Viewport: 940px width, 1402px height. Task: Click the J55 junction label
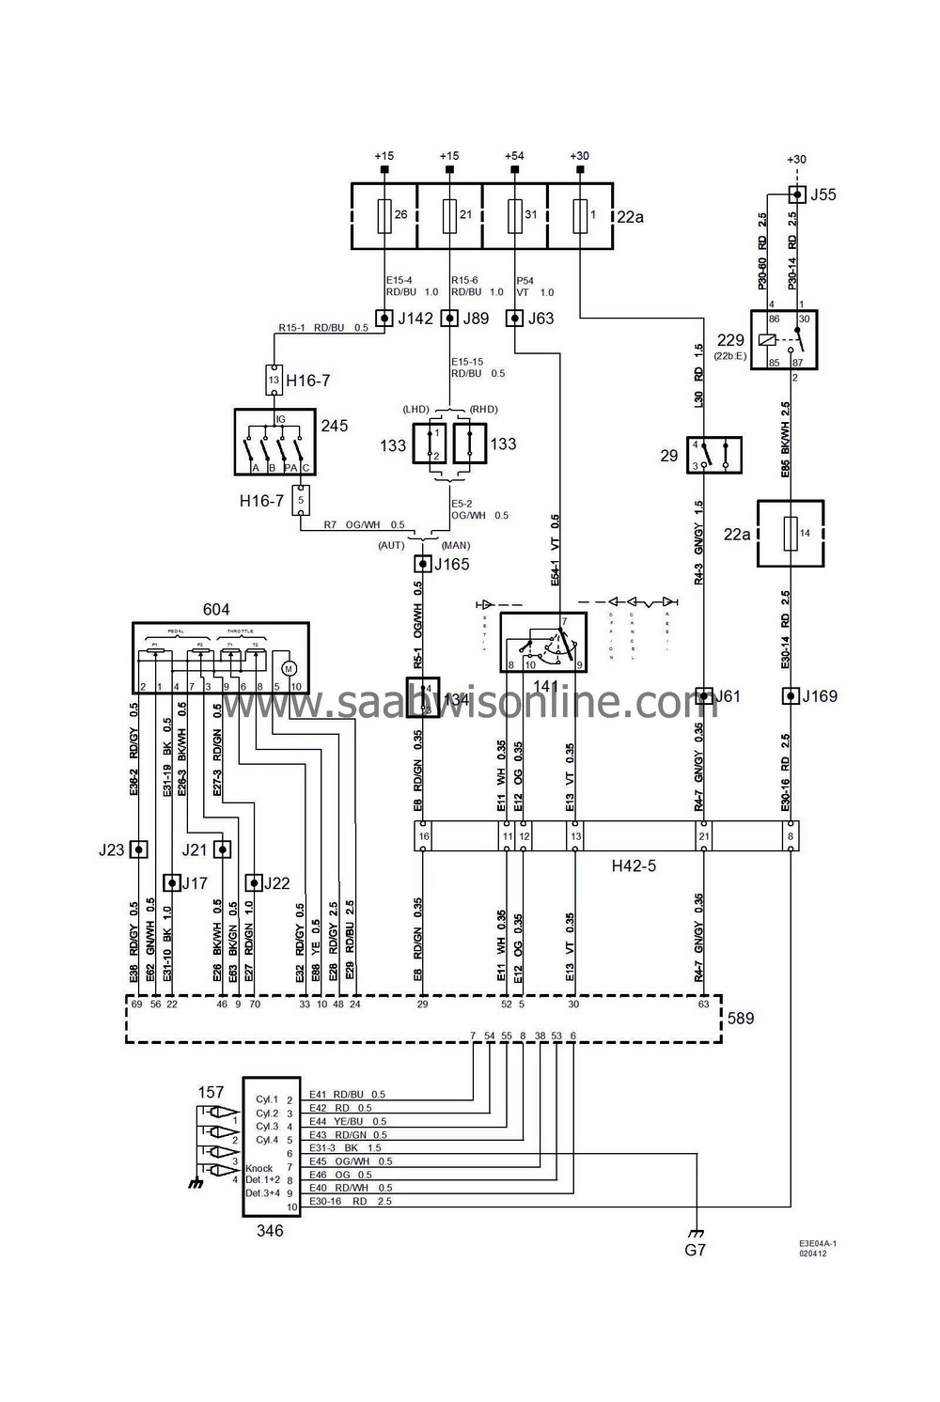pyautogui.click(x=822, y=195)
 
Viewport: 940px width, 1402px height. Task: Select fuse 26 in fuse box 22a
pyautogui.click(x=384, y=215)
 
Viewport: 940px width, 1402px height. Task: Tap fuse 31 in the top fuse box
pyautogui.click(x=514, y=215)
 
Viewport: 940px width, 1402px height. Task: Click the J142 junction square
pyautogui.click(x=384, y=318)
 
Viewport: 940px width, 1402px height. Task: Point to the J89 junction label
pyautogui.click(x=476, y=318)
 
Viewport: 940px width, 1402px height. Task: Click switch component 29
pyautogui.click(x=714, y=455)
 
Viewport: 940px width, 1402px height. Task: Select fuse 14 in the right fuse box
pyautogui.click(x=791, y=533)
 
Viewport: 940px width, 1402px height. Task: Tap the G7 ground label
pyautogui.click(x=695, y=1250)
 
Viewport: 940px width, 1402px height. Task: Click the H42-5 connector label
pyautogui.click(x=634, y=865)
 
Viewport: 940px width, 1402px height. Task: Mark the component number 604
pyautogui.click(x=216, y=610)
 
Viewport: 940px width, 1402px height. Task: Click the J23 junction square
pyautogui.click(x=138, y=849)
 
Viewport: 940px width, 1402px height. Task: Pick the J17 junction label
pyautogui.click(x=194, y=883)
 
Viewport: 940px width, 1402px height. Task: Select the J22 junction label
pyautogui.click(x=276, y=883)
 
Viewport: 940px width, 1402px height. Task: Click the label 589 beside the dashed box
pyautogui.click(x=741, y=1018)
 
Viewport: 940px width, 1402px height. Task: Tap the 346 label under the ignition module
pyautogui.click(x=271, y=1230)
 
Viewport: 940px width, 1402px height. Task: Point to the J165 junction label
pyautogui.click(x=452, y=564)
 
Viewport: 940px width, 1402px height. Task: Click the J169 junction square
pyautogui.click(x=791, y=696)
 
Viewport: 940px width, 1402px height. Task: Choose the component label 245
pyautogui.click(x=334, y=426)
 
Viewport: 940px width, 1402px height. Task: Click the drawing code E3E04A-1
pyautogui.click(x=818, y=1242)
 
